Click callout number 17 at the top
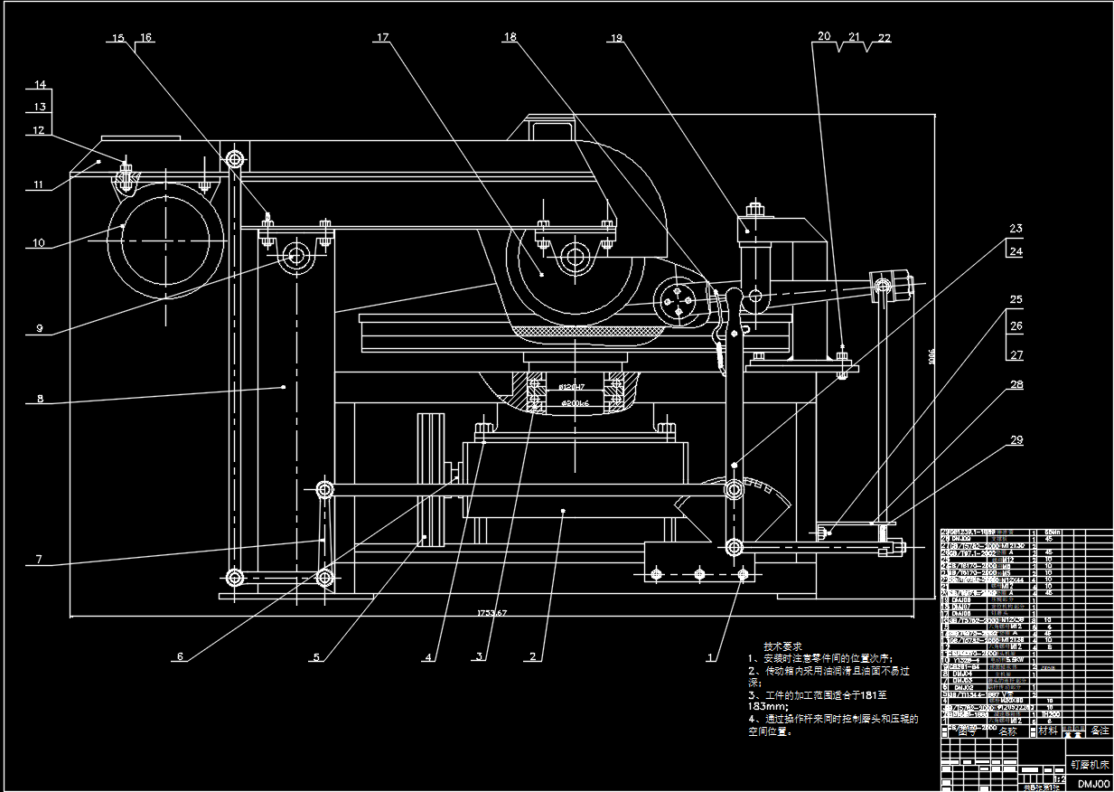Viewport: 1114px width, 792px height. coord(382,38)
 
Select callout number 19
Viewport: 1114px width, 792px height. coord(617,38)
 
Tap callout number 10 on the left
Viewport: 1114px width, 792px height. coord(38,242)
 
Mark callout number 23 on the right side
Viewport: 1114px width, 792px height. coord(1016,228)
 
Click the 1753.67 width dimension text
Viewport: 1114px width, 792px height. coord(492,614)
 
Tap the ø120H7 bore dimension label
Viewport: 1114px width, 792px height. coord(573,386)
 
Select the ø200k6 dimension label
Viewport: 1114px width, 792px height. coord(576,403)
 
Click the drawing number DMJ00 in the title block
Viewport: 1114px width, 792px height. coord(1092,784)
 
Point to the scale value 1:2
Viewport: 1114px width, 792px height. coord(1060,778)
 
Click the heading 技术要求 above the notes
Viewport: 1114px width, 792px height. coord(782,647)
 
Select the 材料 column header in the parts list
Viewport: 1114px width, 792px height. coord(1047,731)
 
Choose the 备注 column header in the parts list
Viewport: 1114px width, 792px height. coord(1099,731)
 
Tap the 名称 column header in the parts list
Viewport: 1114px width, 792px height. coord(1007,731)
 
